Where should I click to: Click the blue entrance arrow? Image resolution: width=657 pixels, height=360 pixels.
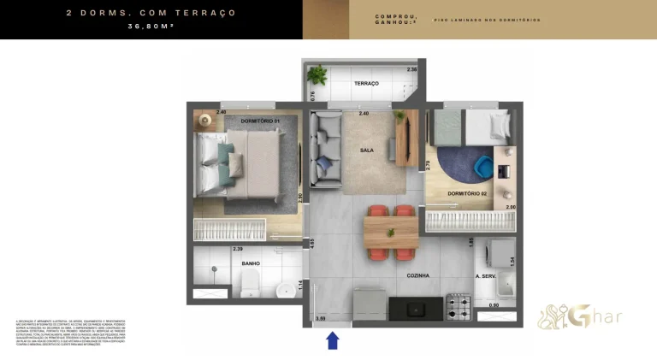pos(333,341)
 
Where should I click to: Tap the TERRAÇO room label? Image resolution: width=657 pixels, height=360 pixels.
pos(366,83)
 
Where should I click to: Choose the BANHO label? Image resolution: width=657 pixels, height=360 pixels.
pos(251,263)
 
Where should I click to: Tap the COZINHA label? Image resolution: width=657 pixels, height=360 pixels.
pos(417,275)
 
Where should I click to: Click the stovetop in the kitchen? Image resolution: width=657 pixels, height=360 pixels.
pos(459,304)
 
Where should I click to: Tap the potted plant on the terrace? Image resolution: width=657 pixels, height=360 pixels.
pos(318,74)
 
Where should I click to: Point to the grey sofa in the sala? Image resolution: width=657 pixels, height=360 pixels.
pos(325,150)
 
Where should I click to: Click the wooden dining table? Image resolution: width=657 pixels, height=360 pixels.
pos(391,231)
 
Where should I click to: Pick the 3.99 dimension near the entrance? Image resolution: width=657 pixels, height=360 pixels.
pos(321,318)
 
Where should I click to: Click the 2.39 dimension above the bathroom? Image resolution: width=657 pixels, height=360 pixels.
pos(238,249)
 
